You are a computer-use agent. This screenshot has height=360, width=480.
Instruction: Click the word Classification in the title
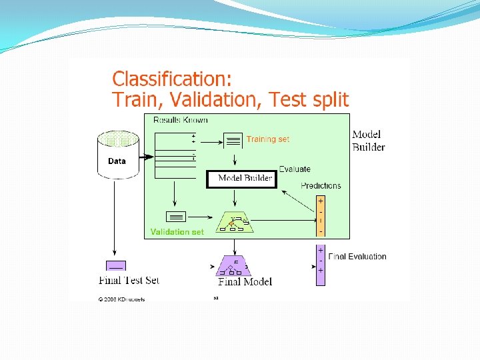pyautogui.click(x=172, y=79)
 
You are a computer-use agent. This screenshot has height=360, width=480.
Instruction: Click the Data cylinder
pyautogui.click(x=117, y=155)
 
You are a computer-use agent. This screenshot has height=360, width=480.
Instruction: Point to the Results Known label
pyautogui.click(x=181, y=120)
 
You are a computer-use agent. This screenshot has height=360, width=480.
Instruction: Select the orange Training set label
pyautogui.click(x=268, y=139)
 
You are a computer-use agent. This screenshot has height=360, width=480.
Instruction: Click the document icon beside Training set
pyautogui.click(x=233, y=140)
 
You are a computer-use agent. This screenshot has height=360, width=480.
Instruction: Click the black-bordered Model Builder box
pyautogui.click(x=241, y=179)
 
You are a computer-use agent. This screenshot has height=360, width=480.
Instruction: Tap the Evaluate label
pyautogui.click(x=295, y=169)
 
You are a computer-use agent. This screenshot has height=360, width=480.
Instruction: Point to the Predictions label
pyautogui.click(x=321, y=185)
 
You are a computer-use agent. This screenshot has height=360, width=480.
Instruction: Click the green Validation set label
pyautogui.click(x=177, y=232)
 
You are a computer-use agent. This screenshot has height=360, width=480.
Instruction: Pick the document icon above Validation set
pyautogui.click(x=176, y=217)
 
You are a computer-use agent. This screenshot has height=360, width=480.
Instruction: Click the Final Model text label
pyautogui.click(x=245, y=281)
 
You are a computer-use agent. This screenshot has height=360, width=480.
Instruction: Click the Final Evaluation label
pyautogui.click(x=357, y=256)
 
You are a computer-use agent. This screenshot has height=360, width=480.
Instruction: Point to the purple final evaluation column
pyautogui.click(x=321, y=265)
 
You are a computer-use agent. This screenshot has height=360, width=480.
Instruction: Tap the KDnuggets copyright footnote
pyautogui.click(x=122, y=299)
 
